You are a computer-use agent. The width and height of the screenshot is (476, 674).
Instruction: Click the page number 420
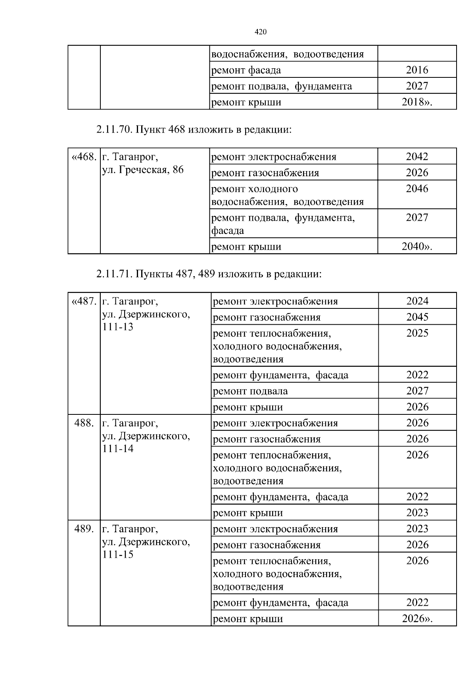(260, 32)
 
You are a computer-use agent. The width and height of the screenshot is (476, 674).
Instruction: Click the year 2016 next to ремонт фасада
(417, 70)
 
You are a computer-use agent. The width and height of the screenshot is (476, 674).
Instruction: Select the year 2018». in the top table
(417, 102)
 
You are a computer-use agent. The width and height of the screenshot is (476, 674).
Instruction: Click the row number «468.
(84, 157)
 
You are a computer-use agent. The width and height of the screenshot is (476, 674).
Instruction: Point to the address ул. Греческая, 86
(143, 170)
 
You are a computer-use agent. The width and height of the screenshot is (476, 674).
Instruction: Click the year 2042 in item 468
(417, 157)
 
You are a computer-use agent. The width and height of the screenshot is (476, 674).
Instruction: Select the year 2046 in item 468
(417, 189)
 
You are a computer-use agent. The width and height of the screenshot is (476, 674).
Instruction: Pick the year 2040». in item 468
(417, 246)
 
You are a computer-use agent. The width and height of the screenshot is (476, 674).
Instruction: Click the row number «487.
(84, 301)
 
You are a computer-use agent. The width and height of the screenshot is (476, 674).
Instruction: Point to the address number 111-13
(118, 327)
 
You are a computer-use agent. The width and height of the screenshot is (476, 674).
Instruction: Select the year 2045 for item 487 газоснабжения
(417, 317)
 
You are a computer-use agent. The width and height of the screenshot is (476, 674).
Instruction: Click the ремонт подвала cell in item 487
(250, 391)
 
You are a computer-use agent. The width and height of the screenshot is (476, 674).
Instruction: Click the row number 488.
(84, 423)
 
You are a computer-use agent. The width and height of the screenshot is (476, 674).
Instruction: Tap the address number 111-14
(118, 449)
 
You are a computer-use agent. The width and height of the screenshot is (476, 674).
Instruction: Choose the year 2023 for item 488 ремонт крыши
(417, 513)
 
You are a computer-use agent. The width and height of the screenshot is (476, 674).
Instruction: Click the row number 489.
(84, 529)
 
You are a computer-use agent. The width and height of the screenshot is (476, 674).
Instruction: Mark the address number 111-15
(118, 555)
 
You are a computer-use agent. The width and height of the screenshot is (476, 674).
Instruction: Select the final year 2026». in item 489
(417, 618)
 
